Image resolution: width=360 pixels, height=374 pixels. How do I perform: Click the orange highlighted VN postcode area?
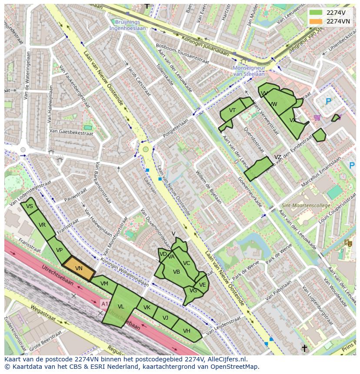click(x=79, y=269)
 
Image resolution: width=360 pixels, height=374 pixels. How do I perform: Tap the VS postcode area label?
click(x=30, y=206)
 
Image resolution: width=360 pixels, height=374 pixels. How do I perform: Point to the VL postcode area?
click(x=121, y=307)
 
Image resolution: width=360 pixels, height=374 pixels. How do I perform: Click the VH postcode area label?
click(x=187, y=331)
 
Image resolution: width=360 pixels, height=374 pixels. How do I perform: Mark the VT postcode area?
click(x=232, y=111)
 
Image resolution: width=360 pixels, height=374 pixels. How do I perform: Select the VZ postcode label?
click(x=277, y=157)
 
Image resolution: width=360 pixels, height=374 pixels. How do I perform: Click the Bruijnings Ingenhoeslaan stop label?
click(x=128, y=25)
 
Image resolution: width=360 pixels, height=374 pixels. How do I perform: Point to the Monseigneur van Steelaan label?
click(x=249, y=71)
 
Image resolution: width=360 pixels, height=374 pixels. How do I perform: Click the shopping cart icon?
click(x=317, y=117)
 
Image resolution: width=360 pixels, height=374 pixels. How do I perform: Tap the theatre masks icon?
click(x=348, y=243)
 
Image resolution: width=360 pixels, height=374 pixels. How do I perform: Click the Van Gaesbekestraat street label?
click(x=71, y=131)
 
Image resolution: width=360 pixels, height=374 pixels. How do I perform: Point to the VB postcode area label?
click(x=177, y=272)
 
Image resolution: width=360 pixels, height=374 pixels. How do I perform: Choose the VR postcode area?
click(x=42, y=225)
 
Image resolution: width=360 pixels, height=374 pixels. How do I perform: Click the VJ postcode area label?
click(x=165, y=318)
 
